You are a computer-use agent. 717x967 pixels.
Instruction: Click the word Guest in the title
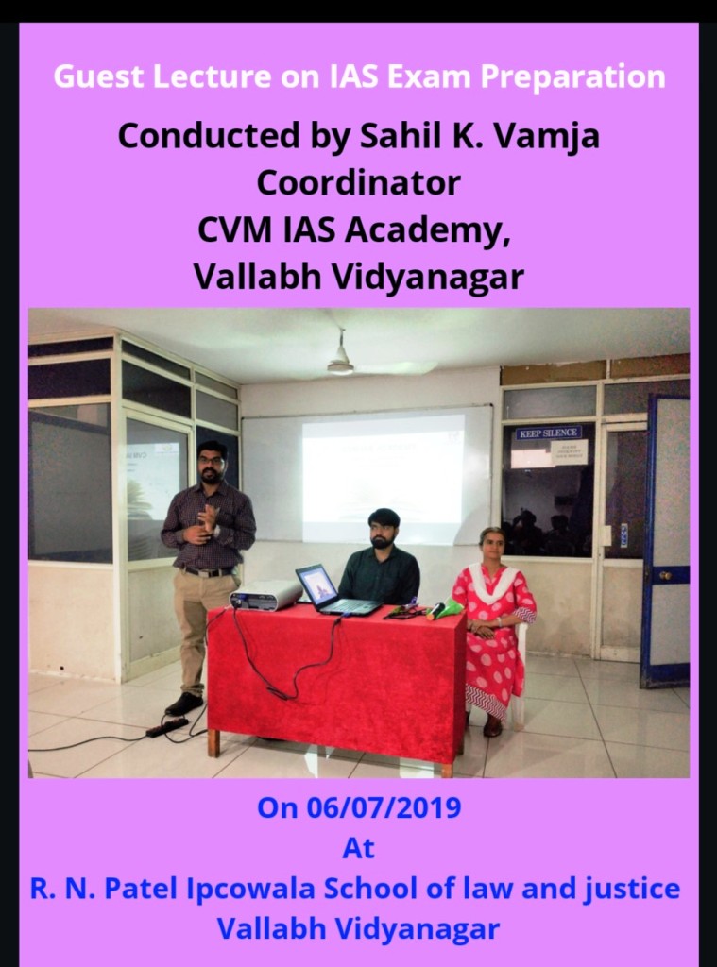[x=99, y=77]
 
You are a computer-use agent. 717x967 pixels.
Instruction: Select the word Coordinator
[x=359, y=182]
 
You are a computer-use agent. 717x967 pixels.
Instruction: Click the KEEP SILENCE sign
[x=549, y=433]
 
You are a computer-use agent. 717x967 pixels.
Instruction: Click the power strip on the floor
[x=166, y=728]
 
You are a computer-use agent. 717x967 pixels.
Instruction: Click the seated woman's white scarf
[x=494, y=582]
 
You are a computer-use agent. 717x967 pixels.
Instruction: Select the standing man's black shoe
[x=184, y=704]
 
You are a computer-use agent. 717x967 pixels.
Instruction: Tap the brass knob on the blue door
[x=665, y=575]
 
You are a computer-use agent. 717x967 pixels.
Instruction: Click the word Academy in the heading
[x=428, y=230]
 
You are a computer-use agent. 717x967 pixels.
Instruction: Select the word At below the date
[x=359, y=849]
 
